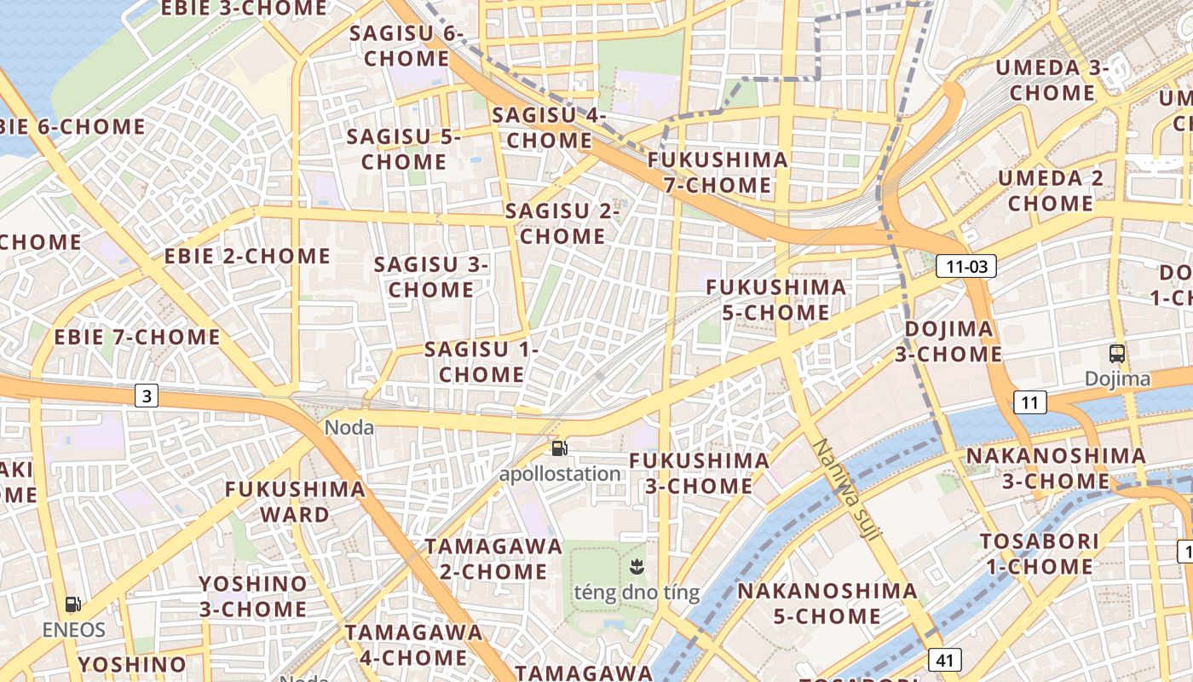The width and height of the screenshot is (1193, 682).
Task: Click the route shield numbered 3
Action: coord(147,396)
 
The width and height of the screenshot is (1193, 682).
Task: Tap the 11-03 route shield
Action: coord(966,266)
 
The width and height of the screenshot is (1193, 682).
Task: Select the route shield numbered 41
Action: coord(944,659)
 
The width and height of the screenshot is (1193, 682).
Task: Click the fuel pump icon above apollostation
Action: coord(559,448)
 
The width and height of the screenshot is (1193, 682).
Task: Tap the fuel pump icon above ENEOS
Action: coord(74,604)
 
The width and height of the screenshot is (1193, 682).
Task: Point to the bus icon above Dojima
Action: coord(1116,353)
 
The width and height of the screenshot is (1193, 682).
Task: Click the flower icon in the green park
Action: coord(636,565)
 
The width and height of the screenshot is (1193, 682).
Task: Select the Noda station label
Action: coord(349,427)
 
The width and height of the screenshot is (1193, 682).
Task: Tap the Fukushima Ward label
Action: coord(295,502)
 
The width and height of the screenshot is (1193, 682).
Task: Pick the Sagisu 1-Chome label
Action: coord(481,361)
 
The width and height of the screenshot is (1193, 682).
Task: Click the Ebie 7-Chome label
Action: coord(137,337)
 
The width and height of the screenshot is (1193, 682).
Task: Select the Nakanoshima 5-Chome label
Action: coord(827,603)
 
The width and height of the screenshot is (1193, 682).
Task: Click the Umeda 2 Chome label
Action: coord(1051,190)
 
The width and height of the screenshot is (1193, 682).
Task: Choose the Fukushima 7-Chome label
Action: coord(718,172)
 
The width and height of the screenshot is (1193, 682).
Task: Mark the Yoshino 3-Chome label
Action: coord(253,596)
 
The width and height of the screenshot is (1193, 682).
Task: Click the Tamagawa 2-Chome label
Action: coord(494,558)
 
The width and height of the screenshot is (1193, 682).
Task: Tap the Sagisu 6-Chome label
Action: coord(406,46)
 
